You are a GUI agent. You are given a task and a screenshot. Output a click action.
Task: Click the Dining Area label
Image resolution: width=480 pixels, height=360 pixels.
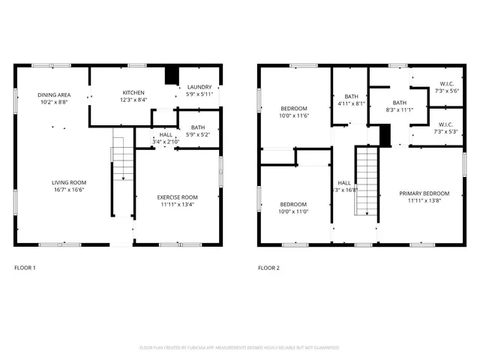[54, 94]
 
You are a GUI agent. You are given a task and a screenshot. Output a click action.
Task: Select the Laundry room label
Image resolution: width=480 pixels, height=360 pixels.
[199, 87]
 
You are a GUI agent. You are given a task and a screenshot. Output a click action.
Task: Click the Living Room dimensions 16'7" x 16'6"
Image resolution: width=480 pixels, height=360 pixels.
[69, 190]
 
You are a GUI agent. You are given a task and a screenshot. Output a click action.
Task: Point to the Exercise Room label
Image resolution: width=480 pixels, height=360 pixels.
[178, 196]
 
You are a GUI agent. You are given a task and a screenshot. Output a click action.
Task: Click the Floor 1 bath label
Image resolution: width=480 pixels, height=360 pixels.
[198, 127]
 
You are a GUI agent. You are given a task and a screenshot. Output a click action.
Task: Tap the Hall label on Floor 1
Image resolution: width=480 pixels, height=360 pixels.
[166, 135]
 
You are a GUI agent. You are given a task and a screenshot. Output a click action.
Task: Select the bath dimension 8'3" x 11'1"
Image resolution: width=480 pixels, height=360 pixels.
[399, 109]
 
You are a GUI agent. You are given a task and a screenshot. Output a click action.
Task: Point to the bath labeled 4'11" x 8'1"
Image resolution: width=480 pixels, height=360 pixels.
[351, 103]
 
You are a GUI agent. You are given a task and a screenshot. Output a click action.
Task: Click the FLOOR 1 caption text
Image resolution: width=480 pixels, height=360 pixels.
[25, 268]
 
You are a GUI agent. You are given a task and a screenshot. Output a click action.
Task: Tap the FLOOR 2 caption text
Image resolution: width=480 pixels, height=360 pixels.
[268, 268]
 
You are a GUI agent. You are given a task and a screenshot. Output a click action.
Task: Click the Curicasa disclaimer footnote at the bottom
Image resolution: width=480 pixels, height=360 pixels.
[239, 347]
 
